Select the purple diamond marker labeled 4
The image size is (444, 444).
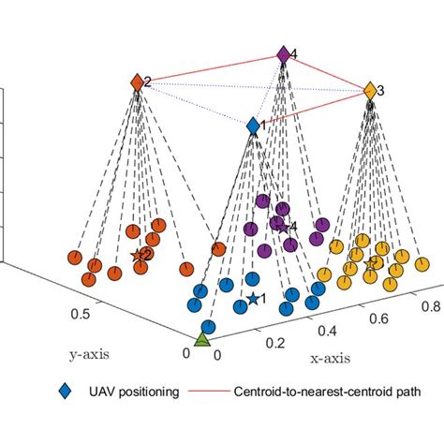[284, 56]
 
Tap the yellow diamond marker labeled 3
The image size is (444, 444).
[369, 91]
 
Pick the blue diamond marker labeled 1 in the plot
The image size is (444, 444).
[253, 125]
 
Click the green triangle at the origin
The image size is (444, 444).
[201, 339]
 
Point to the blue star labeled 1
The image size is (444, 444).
[253, 299]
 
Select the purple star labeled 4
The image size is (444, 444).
[282, 225]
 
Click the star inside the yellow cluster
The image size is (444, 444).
[372, 263]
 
